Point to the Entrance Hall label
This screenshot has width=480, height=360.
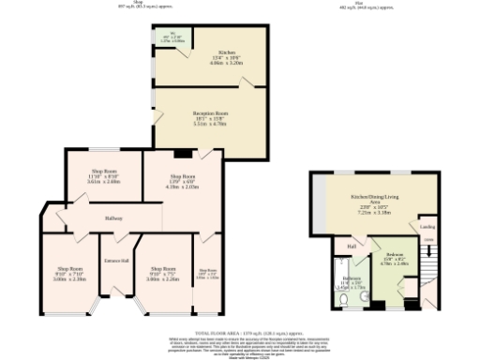coord(116,260)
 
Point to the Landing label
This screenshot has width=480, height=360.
coord(427,226)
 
